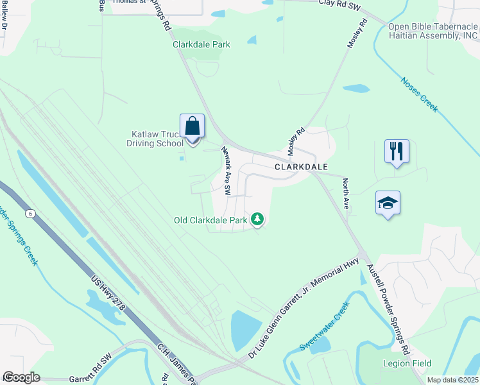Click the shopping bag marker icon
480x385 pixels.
tap(193, 126)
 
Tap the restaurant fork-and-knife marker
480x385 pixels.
tap(397, 152)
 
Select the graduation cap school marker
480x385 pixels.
tap(388, 203)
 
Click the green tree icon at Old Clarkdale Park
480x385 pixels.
tap(257, 220)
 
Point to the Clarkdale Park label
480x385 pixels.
tap(201, 44)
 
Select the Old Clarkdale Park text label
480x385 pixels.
tap(210, 220)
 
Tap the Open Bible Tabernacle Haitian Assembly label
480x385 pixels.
tap(433, 31)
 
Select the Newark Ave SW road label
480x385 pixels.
tap(225, 171)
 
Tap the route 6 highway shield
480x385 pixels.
tap(30, 212)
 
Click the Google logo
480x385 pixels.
tap(21, 377)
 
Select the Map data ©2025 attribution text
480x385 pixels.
tap(452, 380)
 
